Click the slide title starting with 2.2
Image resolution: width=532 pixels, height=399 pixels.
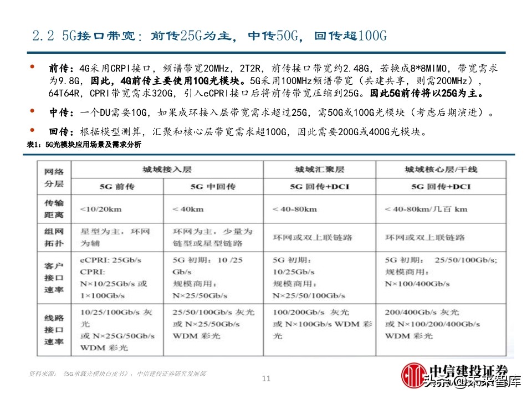point(209,37)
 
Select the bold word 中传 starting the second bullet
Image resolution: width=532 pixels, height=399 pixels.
point(59,113)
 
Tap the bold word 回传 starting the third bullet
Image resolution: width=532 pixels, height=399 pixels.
point(59,132)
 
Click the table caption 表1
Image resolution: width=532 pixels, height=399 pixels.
point(84,145)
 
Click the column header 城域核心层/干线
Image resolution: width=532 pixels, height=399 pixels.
point(441,169)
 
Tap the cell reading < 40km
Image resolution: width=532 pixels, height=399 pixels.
point(189,209)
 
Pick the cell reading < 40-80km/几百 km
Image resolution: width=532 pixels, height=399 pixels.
point(426,209)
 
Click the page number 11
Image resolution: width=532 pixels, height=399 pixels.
point(266,379)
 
